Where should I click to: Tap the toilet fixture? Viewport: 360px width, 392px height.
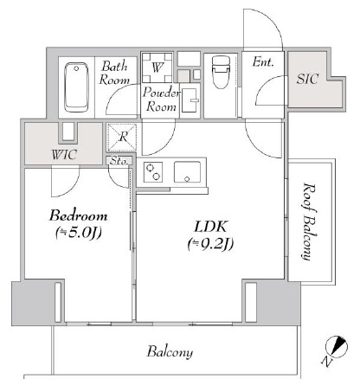pos(221,70)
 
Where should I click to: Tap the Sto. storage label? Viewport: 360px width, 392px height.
pos(119,160)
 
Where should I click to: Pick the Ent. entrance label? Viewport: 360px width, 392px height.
pos(262,62)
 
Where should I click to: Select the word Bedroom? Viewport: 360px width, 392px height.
pos(78,215)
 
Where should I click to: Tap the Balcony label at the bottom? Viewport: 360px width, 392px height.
pos(169,352)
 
